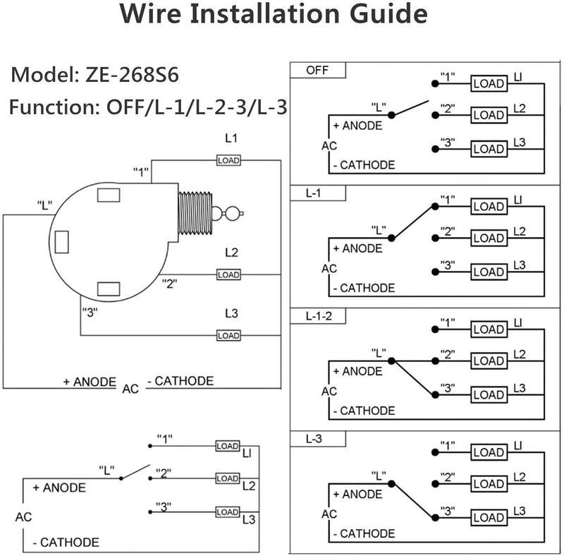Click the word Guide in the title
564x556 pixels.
coord(388,13)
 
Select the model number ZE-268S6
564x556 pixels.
coord(132,75)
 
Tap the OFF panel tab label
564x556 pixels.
coord(317,71)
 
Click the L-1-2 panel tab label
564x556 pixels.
coord(319,316)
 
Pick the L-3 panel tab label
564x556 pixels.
coord(314,439)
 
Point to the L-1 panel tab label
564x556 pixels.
coord(313,193)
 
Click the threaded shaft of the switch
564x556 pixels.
coord(195,213)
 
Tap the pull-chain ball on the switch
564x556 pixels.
coord(233,213)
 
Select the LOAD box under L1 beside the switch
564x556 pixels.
coord(228,160)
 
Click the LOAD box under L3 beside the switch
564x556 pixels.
coord(228,336)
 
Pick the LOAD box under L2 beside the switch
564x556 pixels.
coord(228,274)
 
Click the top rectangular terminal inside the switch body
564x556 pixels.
coord(109,195)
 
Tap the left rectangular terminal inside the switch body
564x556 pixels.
coord(62,242)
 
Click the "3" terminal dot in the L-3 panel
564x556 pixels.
coord(435,518)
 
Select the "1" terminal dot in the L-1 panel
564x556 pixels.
coord(435,206)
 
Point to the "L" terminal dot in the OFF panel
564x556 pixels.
coord(392,115)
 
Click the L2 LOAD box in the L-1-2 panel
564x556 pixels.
coord(489,361)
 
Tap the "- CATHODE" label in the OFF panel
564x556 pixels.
coord(364,165)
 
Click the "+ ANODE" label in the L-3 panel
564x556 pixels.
coord(358,494)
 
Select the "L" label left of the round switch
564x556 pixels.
coord(44,205)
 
